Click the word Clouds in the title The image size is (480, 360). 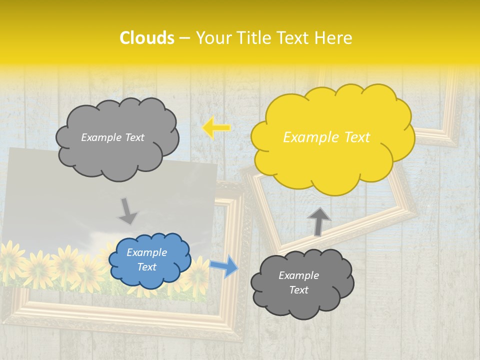147,38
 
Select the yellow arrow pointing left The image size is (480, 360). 216,128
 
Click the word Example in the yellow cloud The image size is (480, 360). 306,137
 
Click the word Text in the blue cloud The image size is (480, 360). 147,267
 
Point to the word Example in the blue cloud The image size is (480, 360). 147,252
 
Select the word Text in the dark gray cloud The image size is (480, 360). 298,290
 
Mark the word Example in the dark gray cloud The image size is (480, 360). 298,275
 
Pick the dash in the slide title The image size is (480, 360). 185,38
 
